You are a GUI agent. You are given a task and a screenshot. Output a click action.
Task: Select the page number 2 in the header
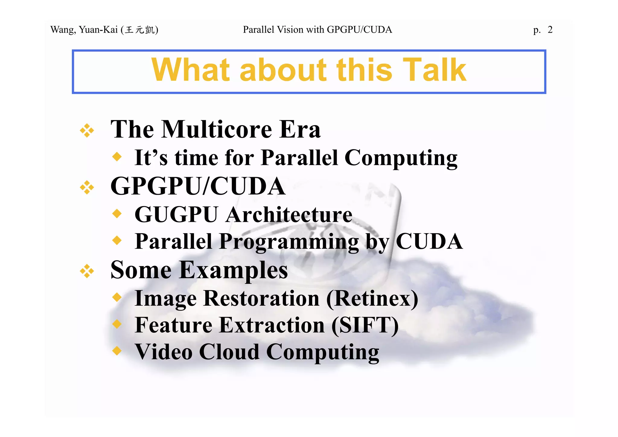point(550,30)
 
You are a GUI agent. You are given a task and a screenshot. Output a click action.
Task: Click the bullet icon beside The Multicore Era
point(87,130)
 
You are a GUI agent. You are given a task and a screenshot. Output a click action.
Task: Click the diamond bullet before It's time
point(117,157)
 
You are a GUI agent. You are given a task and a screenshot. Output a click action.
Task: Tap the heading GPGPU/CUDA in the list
point(198,186)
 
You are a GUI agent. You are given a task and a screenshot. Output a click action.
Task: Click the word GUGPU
point(176,215)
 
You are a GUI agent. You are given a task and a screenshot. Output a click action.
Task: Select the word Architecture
point(289,215)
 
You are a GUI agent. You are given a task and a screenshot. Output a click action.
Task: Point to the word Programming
point(289,242)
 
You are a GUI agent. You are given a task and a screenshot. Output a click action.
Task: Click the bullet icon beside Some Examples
point(87,271)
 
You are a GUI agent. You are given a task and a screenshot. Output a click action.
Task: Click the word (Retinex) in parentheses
point(372,298)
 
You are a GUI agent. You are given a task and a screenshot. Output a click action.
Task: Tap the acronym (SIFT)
point(365,325)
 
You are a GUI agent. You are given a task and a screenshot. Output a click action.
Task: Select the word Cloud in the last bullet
point(229,352)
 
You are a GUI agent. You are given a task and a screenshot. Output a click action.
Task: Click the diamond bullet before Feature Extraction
point(117,324)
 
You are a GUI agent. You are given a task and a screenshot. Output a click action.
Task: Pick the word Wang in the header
point(63,30)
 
